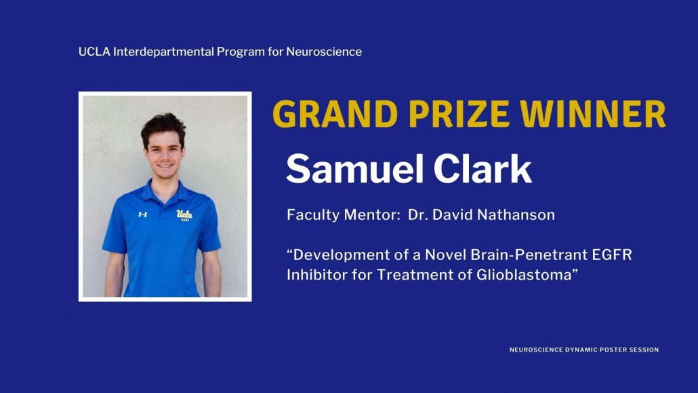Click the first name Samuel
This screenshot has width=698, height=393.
point(355,168)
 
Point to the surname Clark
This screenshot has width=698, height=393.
point(483,168)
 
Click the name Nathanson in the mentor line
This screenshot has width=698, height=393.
point(516,215)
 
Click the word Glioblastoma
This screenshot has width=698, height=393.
point(524,274)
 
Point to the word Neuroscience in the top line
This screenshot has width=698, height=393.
point(324,52)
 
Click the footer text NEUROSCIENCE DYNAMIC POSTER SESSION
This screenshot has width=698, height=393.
point(584,350)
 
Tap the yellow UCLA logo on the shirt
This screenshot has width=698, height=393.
point(184,215)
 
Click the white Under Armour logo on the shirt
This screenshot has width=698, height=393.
point(142,214)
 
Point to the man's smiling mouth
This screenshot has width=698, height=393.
point(165,166)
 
